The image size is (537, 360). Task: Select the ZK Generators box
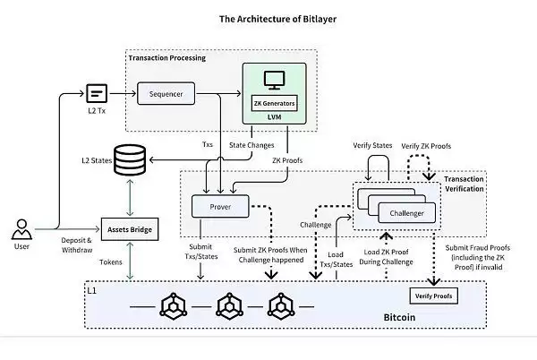[275, 103]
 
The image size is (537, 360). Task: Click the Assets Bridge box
[129, 230]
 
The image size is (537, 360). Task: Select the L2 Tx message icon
[98, 91]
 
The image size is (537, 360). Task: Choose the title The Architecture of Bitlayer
[268, 16]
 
